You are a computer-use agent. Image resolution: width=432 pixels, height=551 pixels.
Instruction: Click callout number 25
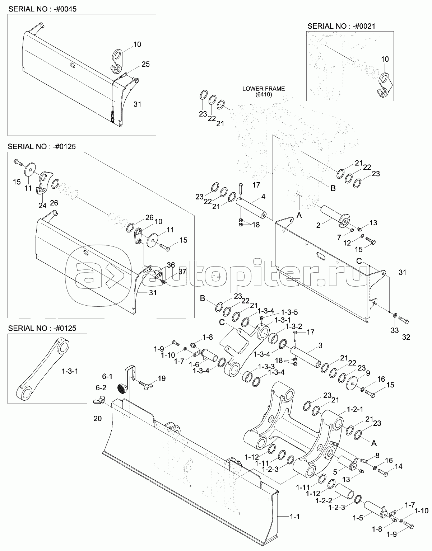(x=145, y=65)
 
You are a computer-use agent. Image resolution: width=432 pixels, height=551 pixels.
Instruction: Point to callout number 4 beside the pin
(x=263, y=197)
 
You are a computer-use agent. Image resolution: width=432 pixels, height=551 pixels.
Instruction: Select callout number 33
(x=395, y=330)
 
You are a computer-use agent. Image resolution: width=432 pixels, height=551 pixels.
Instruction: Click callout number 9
(x=368, y=373)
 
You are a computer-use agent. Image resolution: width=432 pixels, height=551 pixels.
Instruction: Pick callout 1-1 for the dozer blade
(x=294, y=517)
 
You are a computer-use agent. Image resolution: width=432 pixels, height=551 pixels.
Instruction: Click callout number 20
(x=98, y=418)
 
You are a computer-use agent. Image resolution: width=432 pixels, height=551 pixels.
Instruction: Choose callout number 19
(x=161, y=378)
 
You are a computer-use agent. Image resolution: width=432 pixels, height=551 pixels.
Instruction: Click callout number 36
(x=171, y=265)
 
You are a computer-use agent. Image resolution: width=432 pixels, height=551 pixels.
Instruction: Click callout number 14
(x=398, y=467)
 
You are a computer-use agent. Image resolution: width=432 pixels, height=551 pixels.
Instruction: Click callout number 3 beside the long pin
(x=320, y=345)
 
